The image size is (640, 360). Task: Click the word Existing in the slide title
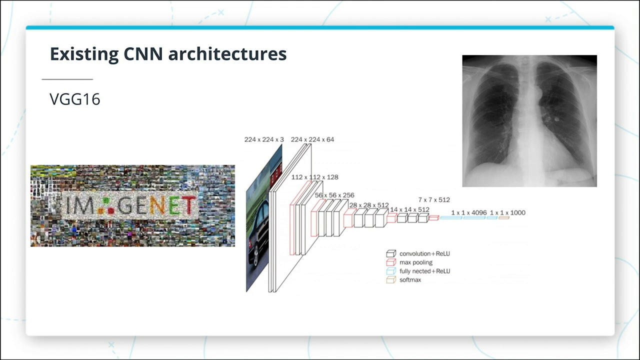tap(84, 54)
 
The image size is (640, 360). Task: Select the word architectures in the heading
tap(227, 53)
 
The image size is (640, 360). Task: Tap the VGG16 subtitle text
tap(75, 99)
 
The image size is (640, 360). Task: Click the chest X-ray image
tap(529, 121)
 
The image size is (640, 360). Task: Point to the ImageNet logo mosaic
tap(133, 205)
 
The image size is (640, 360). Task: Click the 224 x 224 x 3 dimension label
tap(264, 139)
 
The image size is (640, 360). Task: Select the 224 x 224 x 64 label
tap(312, 139)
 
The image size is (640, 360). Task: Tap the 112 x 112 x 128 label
tap(314, 177)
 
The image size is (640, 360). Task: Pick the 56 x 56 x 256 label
tap(334, 195)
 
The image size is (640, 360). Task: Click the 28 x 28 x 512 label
tap(369, 205)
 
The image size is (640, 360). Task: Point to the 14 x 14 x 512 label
tap(409, 209)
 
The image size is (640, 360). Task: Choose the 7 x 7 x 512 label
tap(434, 199)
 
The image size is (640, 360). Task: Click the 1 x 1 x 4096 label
tap(469, 212)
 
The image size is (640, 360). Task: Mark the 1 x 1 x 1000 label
tap(507, 212)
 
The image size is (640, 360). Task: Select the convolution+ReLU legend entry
tap(418, 253)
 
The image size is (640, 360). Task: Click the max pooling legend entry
tap(409, 262)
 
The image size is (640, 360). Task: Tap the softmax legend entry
tap(403, 279)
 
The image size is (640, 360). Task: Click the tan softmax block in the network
tap(504, 217)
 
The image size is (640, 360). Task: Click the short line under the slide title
tap(67, 79)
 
